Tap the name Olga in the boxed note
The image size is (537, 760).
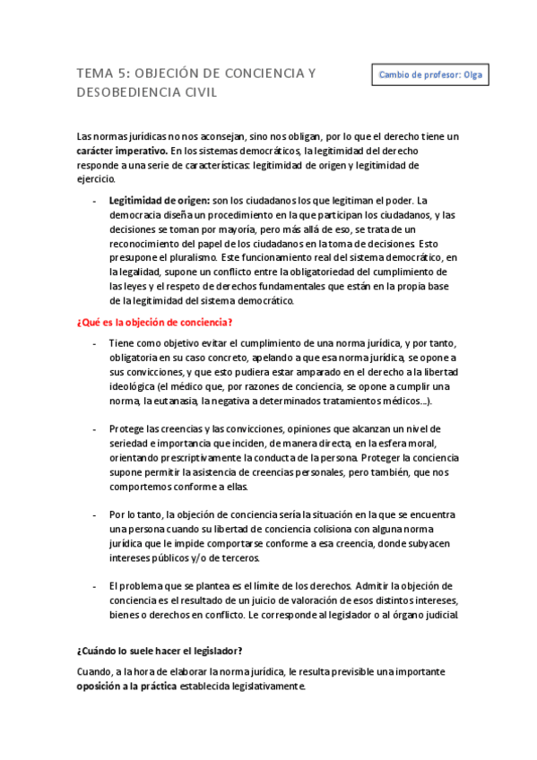point(471,74)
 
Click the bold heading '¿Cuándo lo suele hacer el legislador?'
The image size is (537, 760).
point(159,651)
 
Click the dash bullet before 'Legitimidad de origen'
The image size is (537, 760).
point(95,200)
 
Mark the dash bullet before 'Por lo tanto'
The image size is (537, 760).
point(95,515)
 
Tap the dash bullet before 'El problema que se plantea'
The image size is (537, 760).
point(95,585)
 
